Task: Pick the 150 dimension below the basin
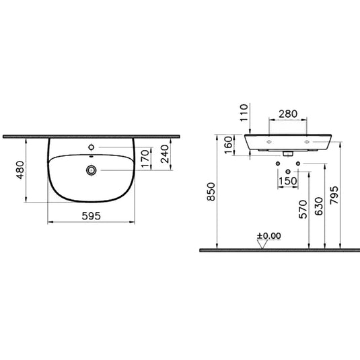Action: pyautogui.click(x=289, y=181)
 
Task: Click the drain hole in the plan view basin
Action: pyautogui.click(x=89, y=171)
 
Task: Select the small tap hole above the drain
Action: pyautogui.click(x=91, y=146)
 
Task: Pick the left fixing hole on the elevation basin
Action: pyautogui.click(x=268, y=143)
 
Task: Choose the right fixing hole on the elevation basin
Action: pyautogui.click(x=308, y=143)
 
